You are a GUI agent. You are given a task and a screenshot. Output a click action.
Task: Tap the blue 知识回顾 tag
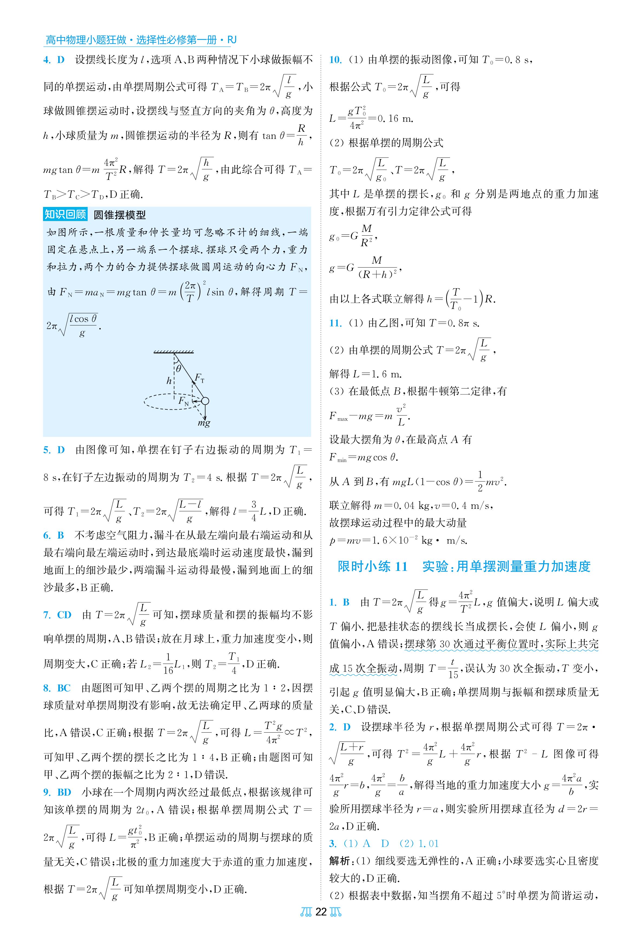click(65, 215)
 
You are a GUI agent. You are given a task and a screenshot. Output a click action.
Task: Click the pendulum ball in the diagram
click(205, 401)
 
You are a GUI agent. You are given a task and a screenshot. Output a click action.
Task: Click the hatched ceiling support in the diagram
click(174, 351)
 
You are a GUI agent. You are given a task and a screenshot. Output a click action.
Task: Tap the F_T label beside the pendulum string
click(199, 377)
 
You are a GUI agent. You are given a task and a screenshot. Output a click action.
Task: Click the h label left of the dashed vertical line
click(169, 381)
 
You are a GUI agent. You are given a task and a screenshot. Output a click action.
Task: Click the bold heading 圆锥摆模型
click(120, 215)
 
